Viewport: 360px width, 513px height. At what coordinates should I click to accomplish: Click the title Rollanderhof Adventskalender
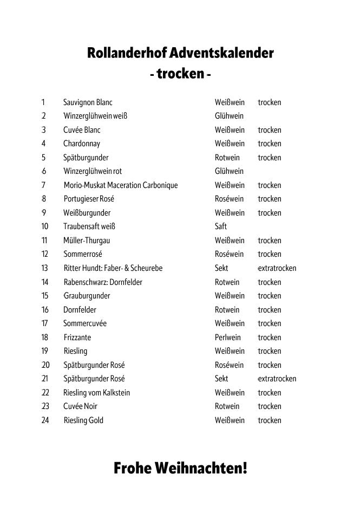[180, 54]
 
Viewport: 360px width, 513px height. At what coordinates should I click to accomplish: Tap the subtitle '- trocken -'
[180, 73]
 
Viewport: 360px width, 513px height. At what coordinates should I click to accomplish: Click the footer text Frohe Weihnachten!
[180, 468]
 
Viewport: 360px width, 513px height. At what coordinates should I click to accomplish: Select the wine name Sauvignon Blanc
[88, 102]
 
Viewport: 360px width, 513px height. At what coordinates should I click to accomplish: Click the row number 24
[45, 420]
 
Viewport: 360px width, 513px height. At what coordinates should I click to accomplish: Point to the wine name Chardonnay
[82, 144]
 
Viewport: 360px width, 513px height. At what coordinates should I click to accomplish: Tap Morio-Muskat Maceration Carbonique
[121, 185]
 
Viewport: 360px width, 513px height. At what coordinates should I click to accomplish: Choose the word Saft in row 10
[221, 226]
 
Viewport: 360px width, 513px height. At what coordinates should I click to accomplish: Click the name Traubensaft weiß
[89, 226]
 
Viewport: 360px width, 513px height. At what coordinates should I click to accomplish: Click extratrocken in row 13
[277, 268]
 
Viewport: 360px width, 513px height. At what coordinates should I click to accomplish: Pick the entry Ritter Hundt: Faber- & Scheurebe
[113, 268]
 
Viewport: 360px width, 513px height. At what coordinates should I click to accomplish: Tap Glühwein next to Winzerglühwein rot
[229, 171]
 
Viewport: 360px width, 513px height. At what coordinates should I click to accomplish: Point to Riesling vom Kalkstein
[97, 393]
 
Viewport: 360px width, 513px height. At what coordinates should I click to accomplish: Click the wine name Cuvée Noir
[81, 406]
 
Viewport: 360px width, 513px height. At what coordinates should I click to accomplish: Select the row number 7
[43, 185]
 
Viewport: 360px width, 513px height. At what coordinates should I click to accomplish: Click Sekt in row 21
[221, 379]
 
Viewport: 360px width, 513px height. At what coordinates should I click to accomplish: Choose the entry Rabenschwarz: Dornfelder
[103, 282]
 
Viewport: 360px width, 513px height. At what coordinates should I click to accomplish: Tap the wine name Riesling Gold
[83, 420]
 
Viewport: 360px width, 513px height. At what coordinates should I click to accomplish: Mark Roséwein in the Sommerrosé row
[230, 254]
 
